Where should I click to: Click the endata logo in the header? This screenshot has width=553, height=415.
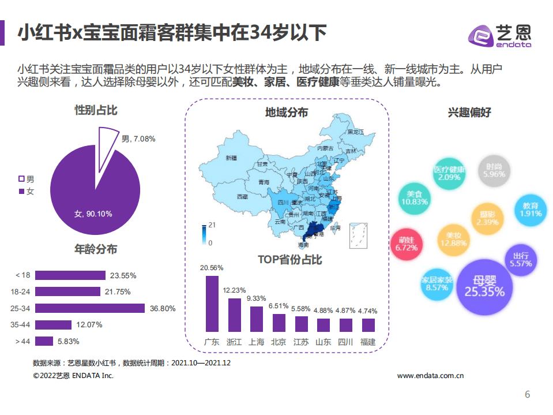[x=499, y=35]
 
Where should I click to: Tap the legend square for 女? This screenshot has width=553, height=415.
[x=22, y=191]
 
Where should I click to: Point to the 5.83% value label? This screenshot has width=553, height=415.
[x=68, y=341]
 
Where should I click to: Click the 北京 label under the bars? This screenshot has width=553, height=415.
[x=278, y=342]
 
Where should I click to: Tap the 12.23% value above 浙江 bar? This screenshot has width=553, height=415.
[x=234, y=290]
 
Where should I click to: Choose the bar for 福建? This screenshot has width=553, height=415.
[x=367, y=325]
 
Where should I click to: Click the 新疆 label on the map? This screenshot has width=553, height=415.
[x=231, y=158]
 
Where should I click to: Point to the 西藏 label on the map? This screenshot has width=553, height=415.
[x=242, y=197]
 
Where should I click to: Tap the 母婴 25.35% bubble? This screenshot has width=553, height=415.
[x=484, y=286]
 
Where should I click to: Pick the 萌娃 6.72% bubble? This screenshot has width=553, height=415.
[x=406, y=244]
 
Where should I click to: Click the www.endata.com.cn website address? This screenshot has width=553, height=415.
[x=431, y=376]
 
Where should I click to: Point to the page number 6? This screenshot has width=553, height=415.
[x=526, y=395]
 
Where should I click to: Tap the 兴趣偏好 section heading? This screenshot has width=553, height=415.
[x=469, y=113]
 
